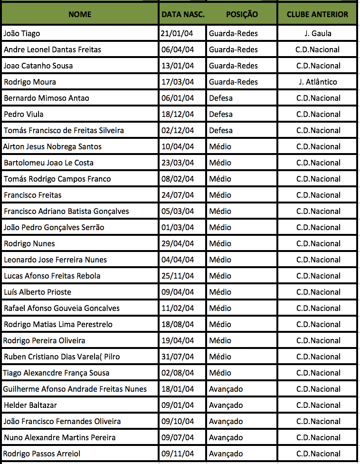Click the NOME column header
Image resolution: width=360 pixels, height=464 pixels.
pos(80,14)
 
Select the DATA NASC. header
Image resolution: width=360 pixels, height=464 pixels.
pos(183,14)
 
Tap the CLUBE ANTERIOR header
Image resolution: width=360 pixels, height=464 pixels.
pos(317,14)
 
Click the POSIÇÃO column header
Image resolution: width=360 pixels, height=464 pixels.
pos(242,14)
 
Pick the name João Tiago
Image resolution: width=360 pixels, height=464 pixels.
pos(22,33)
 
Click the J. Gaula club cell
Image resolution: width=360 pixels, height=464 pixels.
pos(318,33)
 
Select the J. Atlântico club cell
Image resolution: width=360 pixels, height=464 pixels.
pos(318,82)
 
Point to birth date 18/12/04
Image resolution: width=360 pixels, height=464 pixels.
pos(178,114)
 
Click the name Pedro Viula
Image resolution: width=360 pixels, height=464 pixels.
pos(24,114)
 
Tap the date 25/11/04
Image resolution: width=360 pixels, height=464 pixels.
pos(178,276)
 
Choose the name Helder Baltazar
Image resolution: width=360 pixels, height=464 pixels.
pos(30,405)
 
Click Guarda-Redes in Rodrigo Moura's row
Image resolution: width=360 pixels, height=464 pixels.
pos(233,82)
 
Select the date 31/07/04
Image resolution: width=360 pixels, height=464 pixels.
pos(178,357)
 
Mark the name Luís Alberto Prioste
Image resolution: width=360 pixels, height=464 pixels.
pos(38,292)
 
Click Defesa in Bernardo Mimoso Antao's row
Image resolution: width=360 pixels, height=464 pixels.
pos(221,98)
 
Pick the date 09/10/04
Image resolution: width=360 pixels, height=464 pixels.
pos(178,421)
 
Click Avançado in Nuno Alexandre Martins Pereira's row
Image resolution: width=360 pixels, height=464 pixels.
pos(226,437)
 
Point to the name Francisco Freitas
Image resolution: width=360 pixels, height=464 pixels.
pos(33,195)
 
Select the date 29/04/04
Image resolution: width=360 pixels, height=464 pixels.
pos(178,243)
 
